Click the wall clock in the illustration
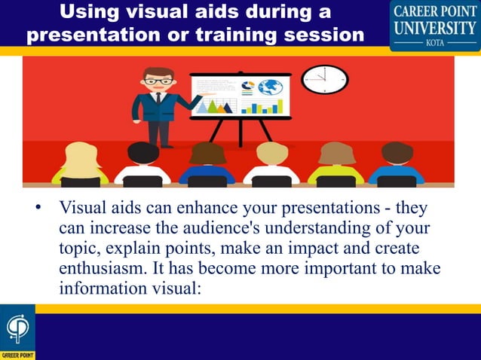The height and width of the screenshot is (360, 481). [324, 79]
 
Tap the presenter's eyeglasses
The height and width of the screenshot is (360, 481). [158, 81]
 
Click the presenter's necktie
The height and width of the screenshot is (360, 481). [158, 99]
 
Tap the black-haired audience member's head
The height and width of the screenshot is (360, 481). [143, 153]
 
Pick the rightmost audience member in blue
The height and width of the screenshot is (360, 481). [397, 161]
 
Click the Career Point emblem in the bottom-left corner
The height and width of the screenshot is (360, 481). [17, 330]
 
